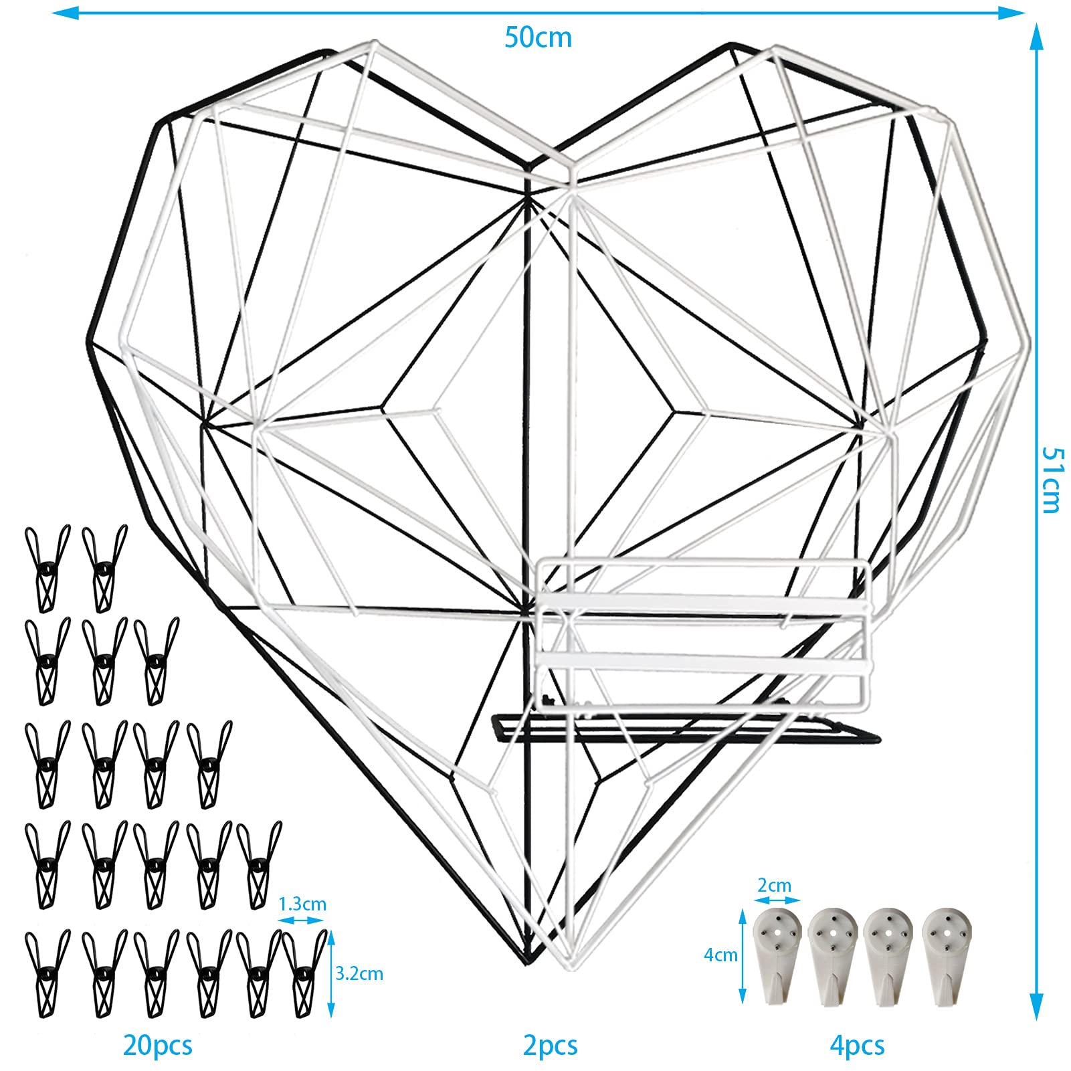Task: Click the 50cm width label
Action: pyautogui.click(x=538, y=37)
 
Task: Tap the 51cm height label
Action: pyautogui.click(x=1052, y=479)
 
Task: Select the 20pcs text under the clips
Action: pyautogui.click(x=158, y=1045)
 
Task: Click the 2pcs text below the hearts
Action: pyautogui.click(x=550, y=1045)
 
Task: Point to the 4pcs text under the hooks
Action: pyautogui.click(x=857, y=1045)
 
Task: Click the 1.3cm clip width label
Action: pyautogui.click(x=302, y=904)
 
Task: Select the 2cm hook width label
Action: pyautogui.click(x=774, y=885)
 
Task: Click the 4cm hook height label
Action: pyautogui.click(x=720, y=955)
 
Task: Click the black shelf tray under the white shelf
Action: pyautogui.click(x=686, y=729)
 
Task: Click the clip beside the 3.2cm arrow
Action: pyautogui.click(x=305, y=973)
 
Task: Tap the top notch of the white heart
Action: pyautogui.click(x=571, y=165)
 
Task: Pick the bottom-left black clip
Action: pyautogui.click(x=47, y=973)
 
